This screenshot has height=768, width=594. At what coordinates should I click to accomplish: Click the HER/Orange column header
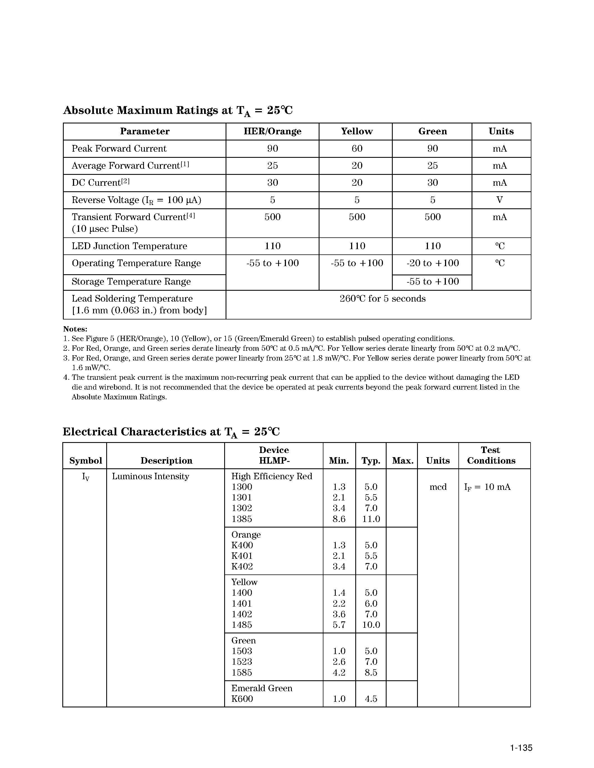coord(272,131)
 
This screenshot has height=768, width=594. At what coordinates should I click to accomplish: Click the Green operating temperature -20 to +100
coord(432,263)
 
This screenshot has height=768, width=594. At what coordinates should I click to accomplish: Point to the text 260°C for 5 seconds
coord(382,299)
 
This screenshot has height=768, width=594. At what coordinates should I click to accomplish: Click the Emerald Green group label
coord(261,688)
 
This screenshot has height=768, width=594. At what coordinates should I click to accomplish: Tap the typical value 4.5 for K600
coord(371,699)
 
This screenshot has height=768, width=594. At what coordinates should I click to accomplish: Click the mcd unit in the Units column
coord(438,487)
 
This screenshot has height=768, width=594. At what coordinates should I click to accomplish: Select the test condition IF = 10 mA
coord(487,487)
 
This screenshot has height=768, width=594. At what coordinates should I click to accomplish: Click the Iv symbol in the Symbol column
coord(86,477)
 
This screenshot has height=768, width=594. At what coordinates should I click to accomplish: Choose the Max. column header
coord(403,461)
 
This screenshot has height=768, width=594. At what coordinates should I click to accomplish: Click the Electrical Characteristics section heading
coord(171,432)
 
